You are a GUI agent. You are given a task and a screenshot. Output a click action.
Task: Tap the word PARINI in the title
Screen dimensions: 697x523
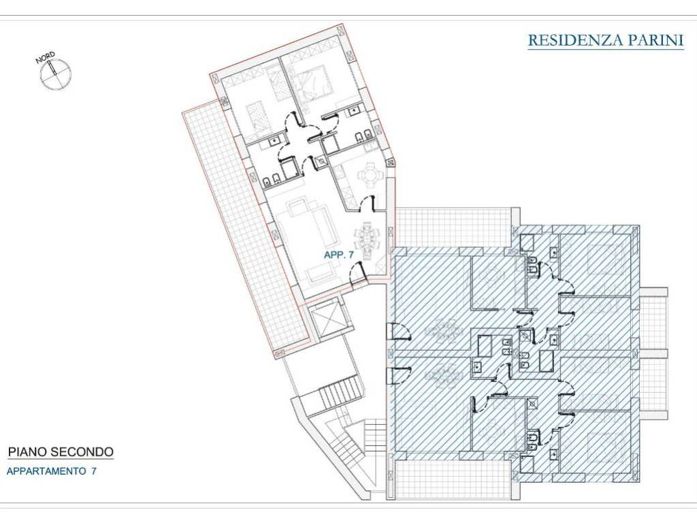[x=655, y=40]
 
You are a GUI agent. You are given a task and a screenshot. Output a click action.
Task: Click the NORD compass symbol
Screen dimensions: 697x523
[x=54, y=72]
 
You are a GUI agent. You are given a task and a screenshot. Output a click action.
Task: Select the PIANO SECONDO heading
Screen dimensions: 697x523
[x=61, y=452]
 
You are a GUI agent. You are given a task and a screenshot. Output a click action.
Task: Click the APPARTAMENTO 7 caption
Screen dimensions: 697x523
[x=52, y=471]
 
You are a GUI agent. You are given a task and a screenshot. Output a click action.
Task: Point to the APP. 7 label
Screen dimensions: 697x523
[x=339, y=255]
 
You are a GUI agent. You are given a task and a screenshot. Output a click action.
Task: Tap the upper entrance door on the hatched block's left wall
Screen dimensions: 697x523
[x=399, y=332]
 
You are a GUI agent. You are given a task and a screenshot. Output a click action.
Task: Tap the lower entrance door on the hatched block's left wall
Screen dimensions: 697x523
[x=399, y=375]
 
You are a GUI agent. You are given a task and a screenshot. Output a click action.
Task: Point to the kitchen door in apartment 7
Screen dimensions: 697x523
[x=367, y=204]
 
